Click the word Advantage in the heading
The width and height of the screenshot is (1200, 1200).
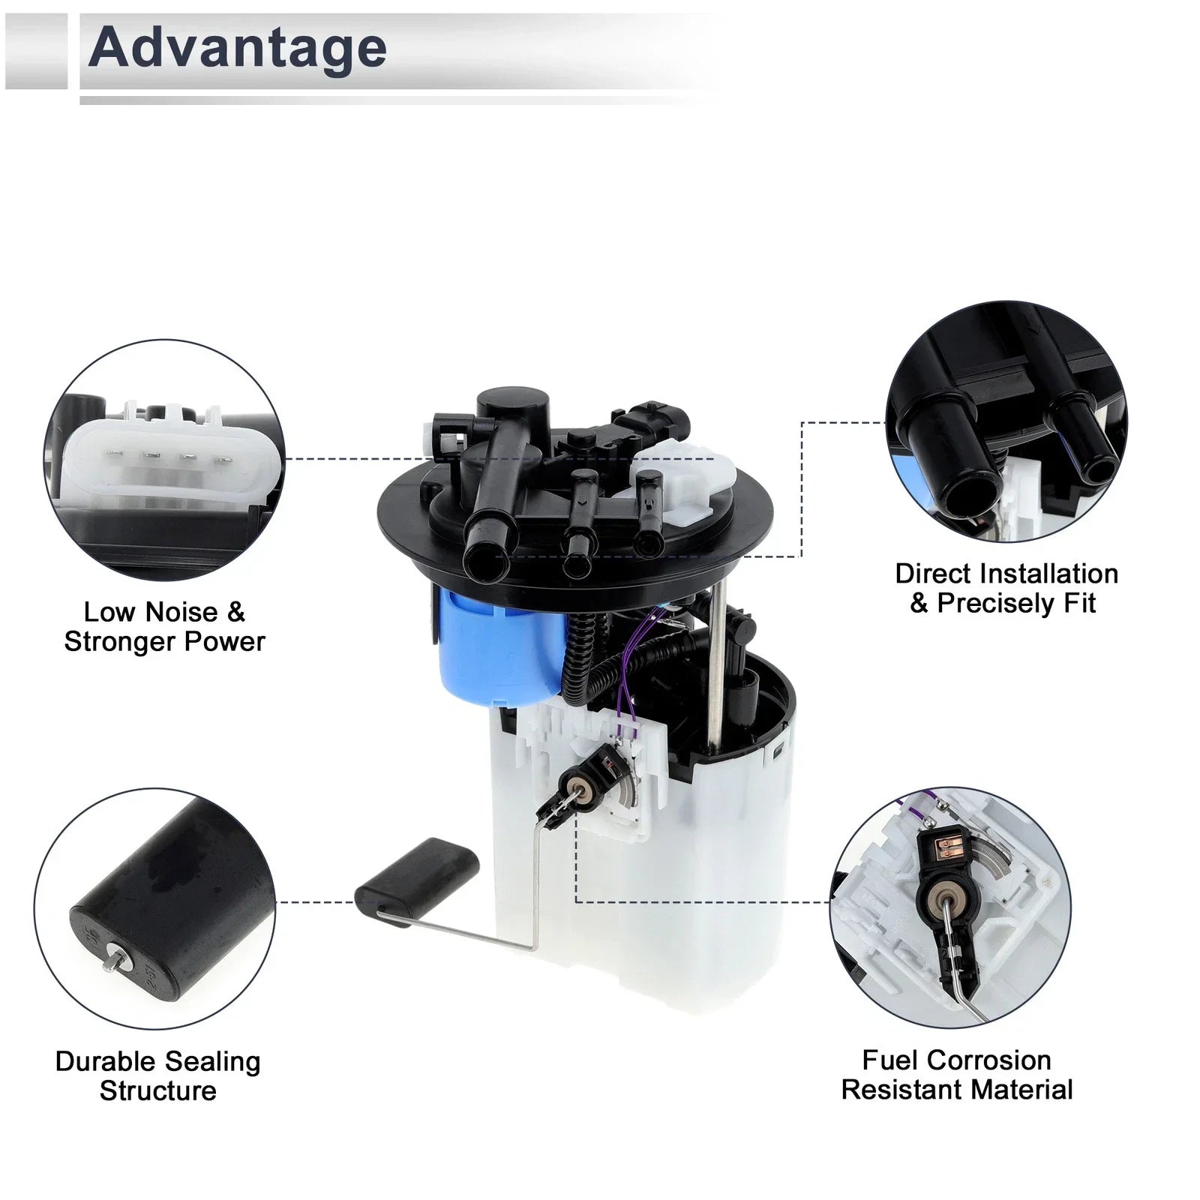click(x=238, y=47)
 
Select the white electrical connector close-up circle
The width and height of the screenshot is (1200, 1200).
click(x=165, y=460)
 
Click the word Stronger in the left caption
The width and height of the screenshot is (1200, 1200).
click(x=121, y=642)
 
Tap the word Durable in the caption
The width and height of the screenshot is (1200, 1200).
click(x=105, y=1061)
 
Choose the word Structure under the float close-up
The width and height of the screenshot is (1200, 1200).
click(x=158, y=1090)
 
